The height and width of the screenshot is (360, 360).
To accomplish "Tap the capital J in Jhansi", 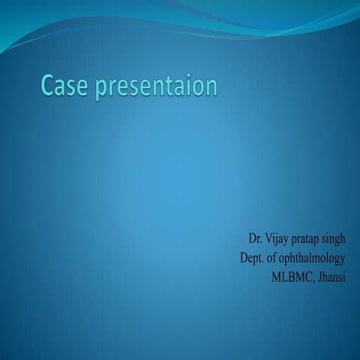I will pyautogui.click(x=319, y=277).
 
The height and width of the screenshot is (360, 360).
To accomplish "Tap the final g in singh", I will pyautogui.click(x=342, y=241).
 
